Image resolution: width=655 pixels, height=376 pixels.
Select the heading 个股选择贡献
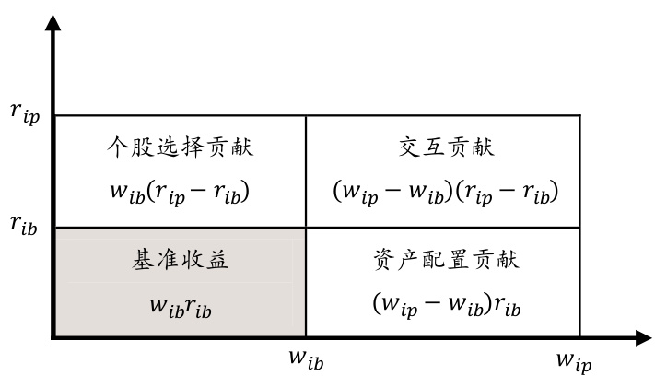pos(180,147)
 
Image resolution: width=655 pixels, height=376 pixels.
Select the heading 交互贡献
pos(444,147)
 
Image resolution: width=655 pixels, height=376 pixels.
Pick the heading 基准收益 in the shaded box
pos(180,260)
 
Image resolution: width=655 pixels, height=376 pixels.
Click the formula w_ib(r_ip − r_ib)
pos(180,194)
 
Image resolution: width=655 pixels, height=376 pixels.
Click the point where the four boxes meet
pos(306,228)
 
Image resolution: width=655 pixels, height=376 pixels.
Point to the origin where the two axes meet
pos(54,338)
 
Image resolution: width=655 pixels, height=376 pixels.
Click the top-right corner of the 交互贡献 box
pos(580,115)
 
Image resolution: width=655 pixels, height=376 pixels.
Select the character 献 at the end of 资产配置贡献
pos(509,260)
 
